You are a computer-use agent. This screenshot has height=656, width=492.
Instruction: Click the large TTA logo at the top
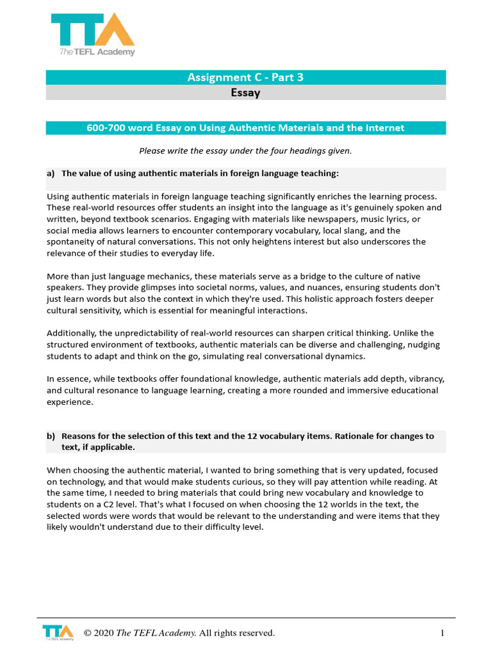pos(93,35)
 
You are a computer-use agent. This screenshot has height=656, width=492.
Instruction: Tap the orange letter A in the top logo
pos(117,29)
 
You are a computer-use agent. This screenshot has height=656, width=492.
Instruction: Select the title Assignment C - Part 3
pos(245,78)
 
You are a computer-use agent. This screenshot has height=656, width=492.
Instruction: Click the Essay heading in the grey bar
pos(245,93)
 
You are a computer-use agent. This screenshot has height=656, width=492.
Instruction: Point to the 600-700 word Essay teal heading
pos(245,127)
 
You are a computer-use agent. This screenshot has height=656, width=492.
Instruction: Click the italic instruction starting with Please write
pos(245,151)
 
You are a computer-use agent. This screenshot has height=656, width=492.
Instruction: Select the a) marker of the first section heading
pos(51,174)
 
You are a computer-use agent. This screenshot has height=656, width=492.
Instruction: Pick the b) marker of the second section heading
pos(51,436)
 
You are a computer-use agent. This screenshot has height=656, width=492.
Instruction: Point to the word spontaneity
pos(73,242)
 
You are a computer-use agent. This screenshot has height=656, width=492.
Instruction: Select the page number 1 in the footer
pos(442,634)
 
